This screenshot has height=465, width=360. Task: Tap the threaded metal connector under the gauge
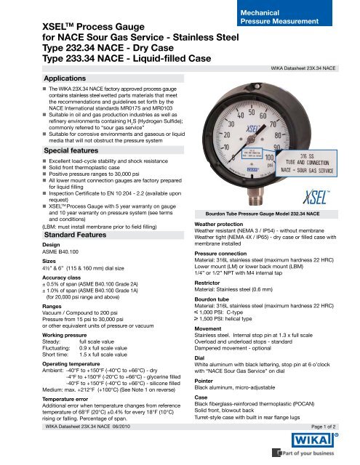click(x=249, y=195)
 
